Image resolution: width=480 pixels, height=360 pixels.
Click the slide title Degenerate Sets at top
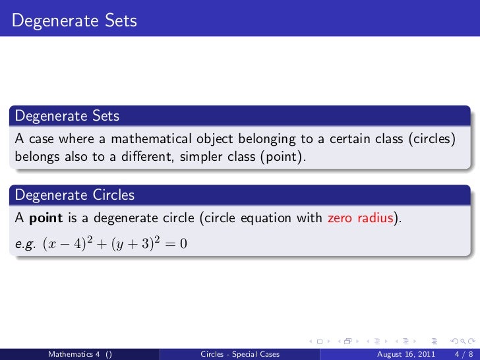[74, 21]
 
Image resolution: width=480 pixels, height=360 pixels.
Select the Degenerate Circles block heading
[75, 195]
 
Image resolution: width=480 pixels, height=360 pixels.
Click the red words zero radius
[361, 218]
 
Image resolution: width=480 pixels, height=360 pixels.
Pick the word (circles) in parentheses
[431, 139]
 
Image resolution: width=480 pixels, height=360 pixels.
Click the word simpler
[208, 158]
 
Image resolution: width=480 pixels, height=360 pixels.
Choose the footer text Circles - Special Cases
[240, 354]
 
